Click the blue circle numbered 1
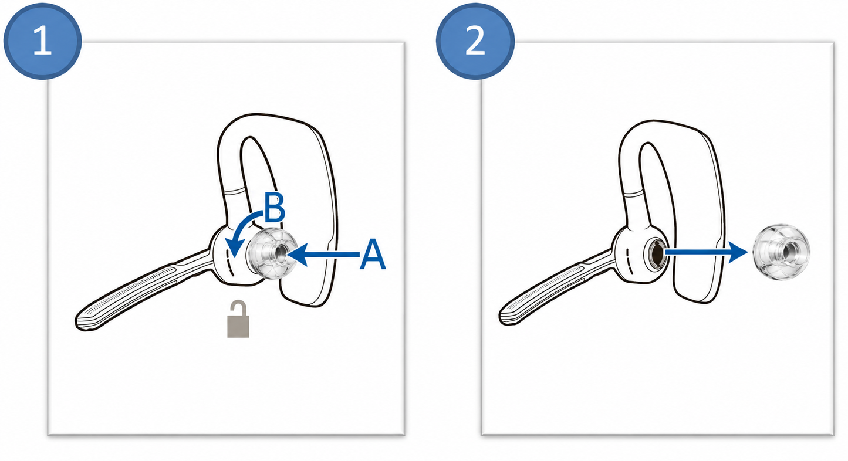[x=42, y=41]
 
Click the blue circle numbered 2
[x=475, y=41]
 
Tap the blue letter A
[x=373, y=255]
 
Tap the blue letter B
[x=274, y=207]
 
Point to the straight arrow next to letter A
[x=323, y=255]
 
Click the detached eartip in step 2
[x=781, y=252]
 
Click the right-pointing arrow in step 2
[x=707, y=252]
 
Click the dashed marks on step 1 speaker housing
[x=229, y=261]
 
